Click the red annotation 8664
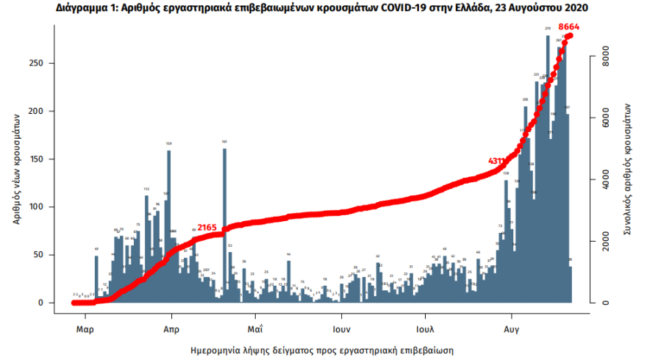pyautogui.click(x=570, y=26)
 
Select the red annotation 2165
pyautogui.click(x=207, y=228)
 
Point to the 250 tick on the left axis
pyautogui.click(x=42, y=63)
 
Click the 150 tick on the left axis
pyautogui.click(x=42, y=159)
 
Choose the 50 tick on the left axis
pyautogui.click(x=42, y=255)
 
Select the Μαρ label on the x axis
pyautogui.click(x=85, y=328)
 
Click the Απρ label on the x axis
pyautogui.click(x=171, y=328)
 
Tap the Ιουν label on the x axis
pyautogui.click(x=340, y=328)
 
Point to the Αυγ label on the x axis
pyautogui.click(x=511, y=328)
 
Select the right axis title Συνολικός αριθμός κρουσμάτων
pyautogui.click(x=629, y=168)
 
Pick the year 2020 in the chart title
pyautogui.click(x=573, y=8)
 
